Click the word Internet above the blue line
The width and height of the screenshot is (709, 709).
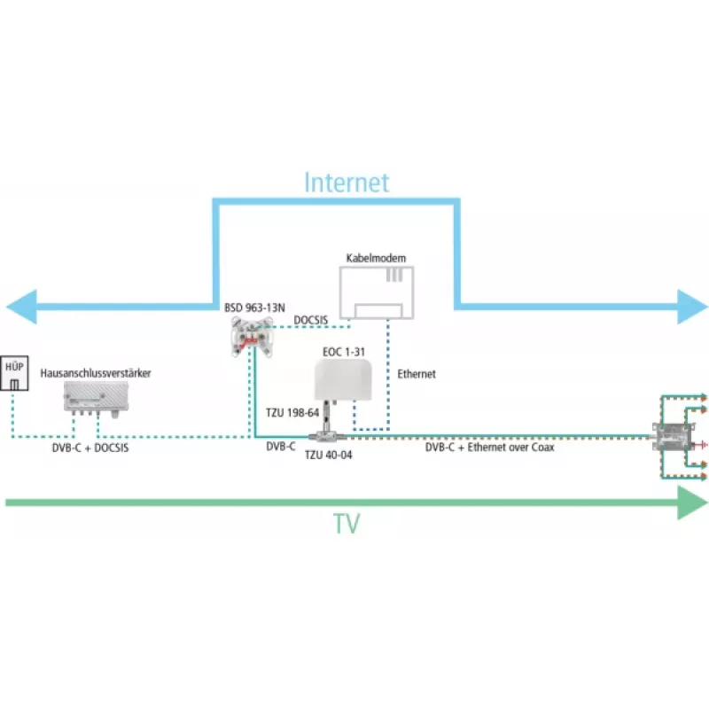(347, 183)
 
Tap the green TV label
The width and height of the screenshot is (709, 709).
(347, 524)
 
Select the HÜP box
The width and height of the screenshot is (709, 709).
(14, 373)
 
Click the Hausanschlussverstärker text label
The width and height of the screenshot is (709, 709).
(96, 373)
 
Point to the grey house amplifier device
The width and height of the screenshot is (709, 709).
(96, 398)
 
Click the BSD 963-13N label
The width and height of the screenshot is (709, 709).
(254, 308)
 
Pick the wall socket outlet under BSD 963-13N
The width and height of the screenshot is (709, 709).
(252, 337)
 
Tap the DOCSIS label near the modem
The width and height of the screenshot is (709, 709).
(311, 320)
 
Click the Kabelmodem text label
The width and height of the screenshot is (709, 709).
(376, 258)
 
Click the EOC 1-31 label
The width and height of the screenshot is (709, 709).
(344, 352)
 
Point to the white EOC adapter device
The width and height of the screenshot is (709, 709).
(343, 380)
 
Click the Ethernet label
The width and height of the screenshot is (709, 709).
(417, 374)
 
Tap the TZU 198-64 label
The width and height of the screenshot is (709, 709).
(292, 412)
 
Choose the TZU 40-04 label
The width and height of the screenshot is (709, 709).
(328, 455)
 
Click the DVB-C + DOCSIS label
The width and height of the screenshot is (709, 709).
(90, 448)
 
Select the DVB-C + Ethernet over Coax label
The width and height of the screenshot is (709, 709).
(490, 448)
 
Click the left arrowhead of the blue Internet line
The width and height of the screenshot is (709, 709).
(21, 307)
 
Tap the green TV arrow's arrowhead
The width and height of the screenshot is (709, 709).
(693, 503)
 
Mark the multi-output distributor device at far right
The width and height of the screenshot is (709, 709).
(672, 437)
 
